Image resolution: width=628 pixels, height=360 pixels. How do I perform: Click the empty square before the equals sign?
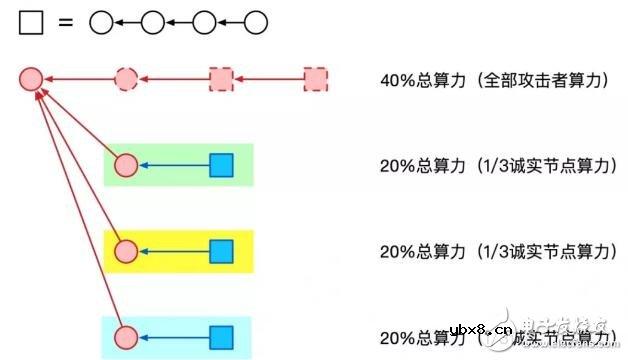31,22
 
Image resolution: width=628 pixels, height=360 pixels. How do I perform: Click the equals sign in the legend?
66,22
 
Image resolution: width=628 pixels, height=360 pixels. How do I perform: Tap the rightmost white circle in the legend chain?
256,22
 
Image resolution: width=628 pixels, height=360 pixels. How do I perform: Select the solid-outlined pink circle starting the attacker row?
30,77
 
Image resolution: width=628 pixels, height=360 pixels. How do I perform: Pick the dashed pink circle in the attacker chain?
126,77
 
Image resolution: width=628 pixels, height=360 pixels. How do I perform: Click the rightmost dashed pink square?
316,77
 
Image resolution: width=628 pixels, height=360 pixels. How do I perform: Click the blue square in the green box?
221,165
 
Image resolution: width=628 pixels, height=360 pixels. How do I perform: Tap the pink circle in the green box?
126,165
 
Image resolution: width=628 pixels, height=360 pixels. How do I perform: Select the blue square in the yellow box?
221,251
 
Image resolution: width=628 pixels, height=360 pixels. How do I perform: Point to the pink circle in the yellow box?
126,251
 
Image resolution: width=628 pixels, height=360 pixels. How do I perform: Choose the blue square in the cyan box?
221,337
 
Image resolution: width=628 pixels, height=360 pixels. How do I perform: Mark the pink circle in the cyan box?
126,337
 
